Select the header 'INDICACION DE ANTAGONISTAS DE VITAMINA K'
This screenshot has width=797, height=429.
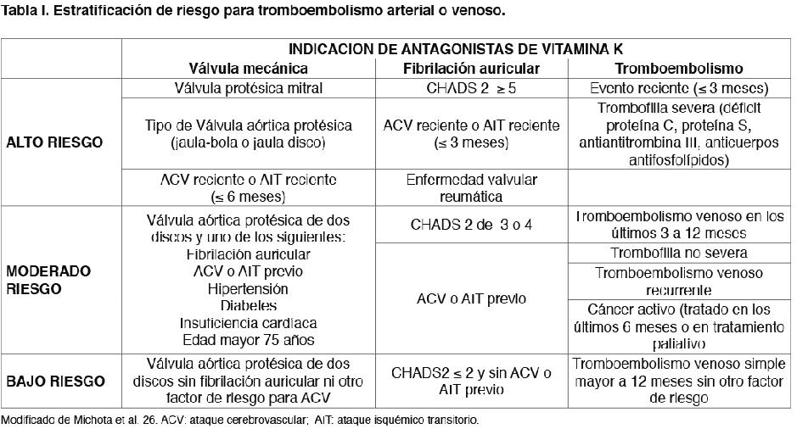[x=456, y=50]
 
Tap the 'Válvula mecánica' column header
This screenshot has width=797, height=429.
[x=248, y=69]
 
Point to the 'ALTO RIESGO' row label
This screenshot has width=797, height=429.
[x=54, y=142]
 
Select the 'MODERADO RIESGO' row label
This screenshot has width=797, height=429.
[x=48, y=280]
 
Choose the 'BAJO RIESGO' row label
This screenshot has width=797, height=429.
[x=55, y=382]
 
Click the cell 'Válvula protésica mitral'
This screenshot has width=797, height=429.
[x=248, y=88]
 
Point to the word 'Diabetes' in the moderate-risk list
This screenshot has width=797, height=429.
[x=248, y=305]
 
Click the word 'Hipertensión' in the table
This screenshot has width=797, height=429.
[x=248, y=288]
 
